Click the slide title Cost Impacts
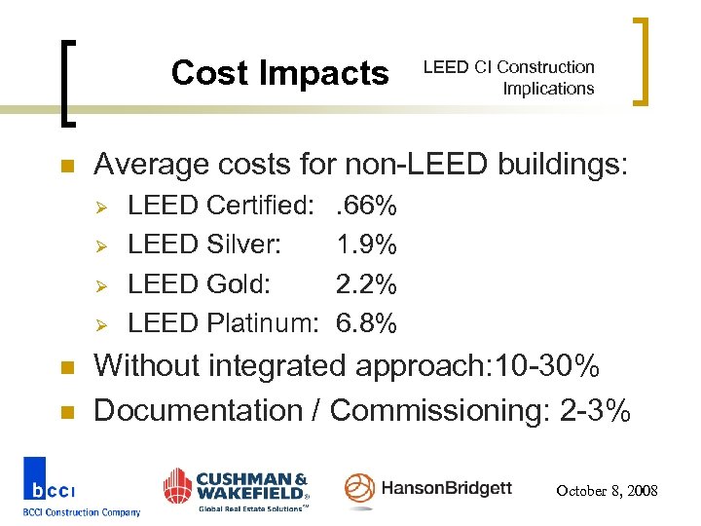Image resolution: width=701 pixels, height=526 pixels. pyautogui.click(x=279, y=73)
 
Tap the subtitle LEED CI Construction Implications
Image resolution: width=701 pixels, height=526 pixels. pyautogui.click(x=507, y=78)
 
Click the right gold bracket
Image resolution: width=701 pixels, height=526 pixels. pyautogui.click(x=643, y=60)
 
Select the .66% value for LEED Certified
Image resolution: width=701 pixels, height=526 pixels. pyautogui.click(x=365, y=207)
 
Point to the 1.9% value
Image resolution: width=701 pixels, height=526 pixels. pyautogui.click(x=365, y=245)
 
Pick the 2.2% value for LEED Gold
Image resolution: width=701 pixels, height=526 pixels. pyautogui.click(x=365, y=284)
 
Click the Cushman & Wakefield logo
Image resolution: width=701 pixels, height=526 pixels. pyautogui.click(x=236, y=488)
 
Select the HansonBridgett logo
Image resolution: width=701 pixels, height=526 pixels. pyautogui.click(x=428, y=488)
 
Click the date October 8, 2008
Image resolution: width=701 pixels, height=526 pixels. pyautogui.click(x=607, y=491)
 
